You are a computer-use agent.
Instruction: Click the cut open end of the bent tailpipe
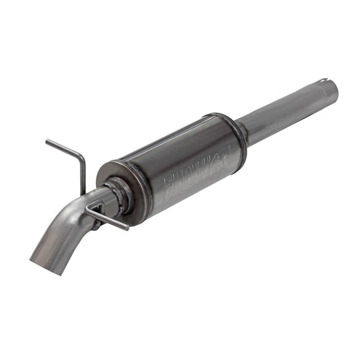pyautogui.click(x=39, y=262)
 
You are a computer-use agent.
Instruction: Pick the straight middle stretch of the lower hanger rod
pyautogui.click(x=109, y=219)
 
